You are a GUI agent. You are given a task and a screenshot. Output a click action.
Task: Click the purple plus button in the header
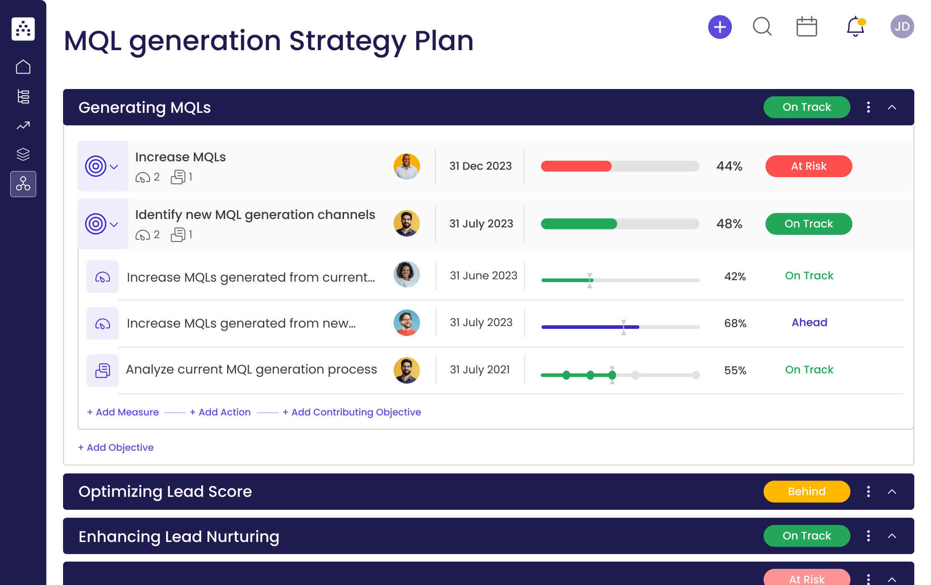click(720, 27)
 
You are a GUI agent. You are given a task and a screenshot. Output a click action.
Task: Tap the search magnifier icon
click(762, 27)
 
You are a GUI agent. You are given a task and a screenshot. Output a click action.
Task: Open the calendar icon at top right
click(806, 27)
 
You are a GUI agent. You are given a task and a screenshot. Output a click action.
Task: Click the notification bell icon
click(855, 27)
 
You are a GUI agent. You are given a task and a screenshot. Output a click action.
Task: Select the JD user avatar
click(902, 27)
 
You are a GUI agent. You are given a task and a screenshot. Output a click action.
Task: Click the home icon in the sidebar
click(23, 67)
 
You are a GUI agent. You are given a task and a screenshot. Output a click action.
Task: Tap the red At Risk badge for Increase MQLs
click(808, 166)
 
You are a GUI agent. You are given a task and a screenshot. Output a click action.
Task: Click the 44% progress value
click(729, 166)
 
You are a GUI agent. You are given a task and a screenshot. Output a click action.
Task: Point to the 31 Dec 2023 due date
click(480, 166)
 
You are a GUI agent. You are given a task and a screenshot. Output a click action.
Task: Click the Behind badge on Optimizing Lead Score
click(806, 491)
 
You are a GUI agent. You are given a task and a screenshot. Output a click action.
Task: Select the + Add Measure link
click(123, 412)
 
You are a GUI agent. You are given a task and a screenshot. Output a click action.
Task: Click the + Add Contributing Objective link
click(352, 412)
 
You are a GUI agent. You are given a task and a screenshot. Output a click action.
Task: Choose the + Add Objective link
click(116, 448)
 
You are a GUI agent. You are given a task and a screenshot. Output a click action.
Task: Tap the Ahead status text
click(809, 323)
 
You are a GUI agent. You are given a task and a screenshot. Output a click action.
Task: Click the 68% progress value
click(735, 323)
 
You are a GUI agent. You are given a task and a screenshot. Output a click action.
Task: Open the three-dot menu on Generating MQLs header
click(868, 107)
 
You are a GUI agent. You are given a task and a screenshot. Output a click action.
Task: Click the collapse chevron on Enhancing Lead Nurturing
click(892, 536)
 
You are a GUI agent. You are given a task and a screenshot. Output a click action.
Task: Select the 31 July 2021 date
click(480, 370)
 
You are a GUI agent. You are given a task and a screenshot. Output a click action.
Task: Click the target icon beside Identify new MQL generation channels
click(96, 224)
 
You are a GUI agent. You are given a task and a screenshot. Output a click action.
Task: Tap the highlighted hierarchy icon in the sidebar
click(23, 184)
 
